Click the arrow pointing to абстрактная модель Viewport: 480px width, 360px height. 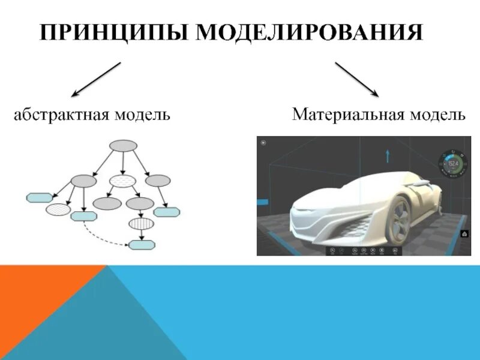tap(96, 79)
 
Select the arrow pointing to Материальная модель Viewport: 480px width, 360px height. tap(356, 79)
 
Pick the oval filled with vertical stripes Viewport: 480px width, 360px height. tap(141, 223)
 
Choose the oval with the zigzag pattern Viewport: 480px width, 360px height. tap(58, 209)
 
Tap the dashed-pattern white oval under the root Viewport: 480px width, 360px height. tap(123, 181)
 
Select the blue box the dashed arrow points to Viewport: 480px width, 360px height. tap(142, 244)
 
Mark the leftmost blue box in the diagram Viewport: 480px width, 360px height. tap(39, 197)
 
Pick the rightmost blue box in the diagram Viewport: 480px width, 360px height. tap(166, 212)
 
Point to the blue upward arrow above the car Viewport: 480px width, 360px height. tap(388, 156)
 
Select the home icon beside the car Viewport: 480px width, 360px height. tap(464, 234)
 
